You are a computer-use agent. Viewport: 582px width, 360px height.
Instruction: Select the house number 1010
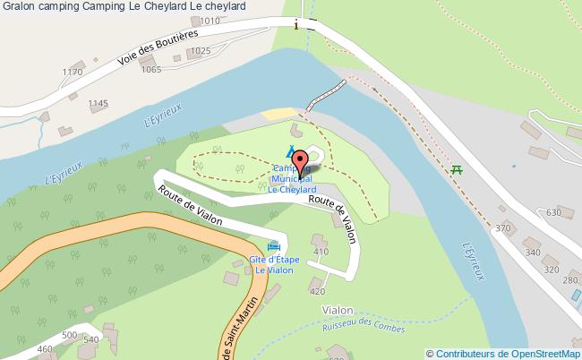[x=209, y=20]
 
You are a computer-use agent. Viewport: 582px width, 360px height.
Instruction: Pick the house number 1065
[x=152, y=69]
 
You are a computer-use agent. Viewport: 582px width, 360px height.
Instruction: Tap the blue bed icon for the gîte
[x=273, y=247]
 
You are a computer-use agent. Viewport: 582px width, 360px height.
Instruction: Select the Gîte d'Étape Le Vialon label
[x=273, y=265]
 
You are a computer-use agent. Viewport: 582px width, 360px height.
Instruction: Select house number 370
[x=502, y=229]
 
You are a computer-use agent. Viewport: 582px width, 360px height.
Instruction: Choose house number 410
[x=321, y=253]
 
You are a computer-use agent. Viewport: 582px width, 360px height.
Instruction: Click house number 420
[x=316, y=291]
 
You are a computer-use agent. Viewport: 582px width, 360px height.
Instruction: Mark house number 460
[x=46, y=348]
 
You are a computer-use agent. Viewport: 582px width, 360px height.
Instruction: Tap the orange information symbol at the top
[x=296, y=26]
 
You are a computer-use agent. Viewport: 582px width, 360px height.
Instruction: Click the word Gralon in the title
[x=18, y=6]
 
